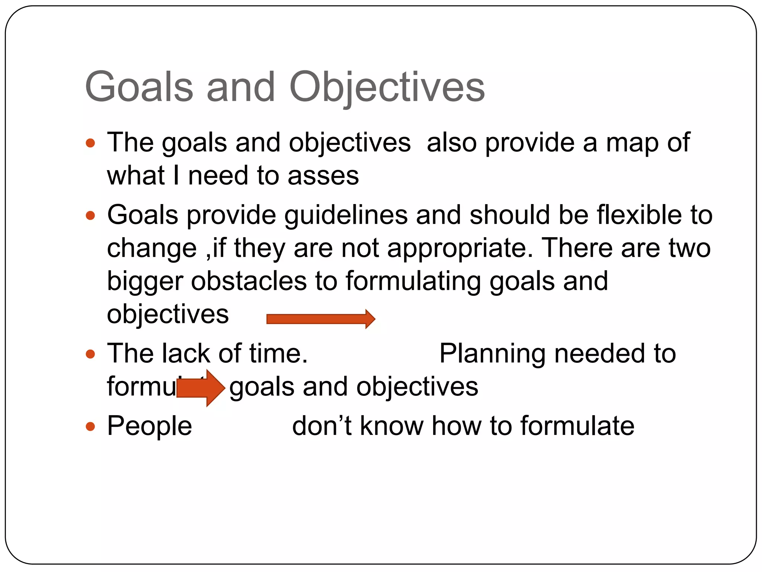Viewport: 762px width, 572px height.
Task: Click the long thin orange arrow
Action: pos(320,319)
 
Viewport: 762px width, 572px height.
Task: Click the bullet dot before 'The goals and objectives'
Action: pos(90,143)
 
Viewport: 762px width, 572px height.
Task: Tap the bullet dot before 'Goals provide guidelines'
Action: pos(90,215)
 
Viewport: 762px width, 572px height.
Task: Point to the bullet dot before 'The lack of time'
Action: pos(90,354)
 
